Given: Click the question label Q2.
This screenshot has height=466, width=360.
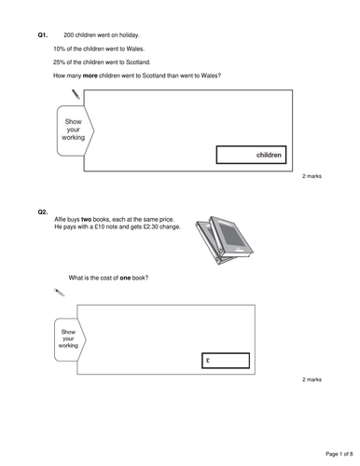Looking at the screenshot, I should (43, 212).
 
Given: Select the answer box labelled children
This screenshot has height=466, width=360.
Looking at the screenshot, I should (250, 155).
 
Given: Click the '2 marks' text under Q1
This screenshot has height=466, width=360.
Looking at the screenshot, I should (312, 175).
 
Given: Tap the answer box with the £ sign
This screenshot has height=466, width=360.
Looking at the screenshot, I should (225, 359).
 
